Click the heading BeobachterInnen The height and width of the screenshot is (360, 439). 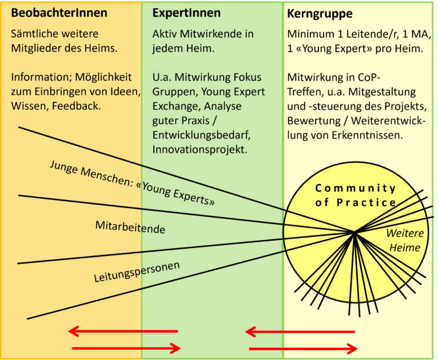tap(51, 13)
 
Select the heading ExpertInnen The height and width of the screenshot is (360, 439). tap(186, 13)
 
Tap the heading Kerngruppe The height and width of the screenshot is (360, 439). tap(320, 13)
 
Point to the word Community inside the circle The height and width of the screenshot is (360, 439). tap(355, 188)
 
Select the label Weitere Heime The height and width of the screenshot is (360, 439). tap(405, 241)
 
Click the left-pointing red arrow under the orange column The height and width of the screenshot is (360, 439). tap(123, 331)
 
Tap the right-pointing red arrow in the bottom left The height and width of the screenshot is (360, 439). tap(126, 348)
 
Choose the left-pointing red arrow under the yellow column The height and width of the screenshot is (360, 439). tap(300, 331)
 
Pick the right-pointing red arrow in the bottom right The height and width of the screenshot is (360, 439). tap(304, 349)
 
